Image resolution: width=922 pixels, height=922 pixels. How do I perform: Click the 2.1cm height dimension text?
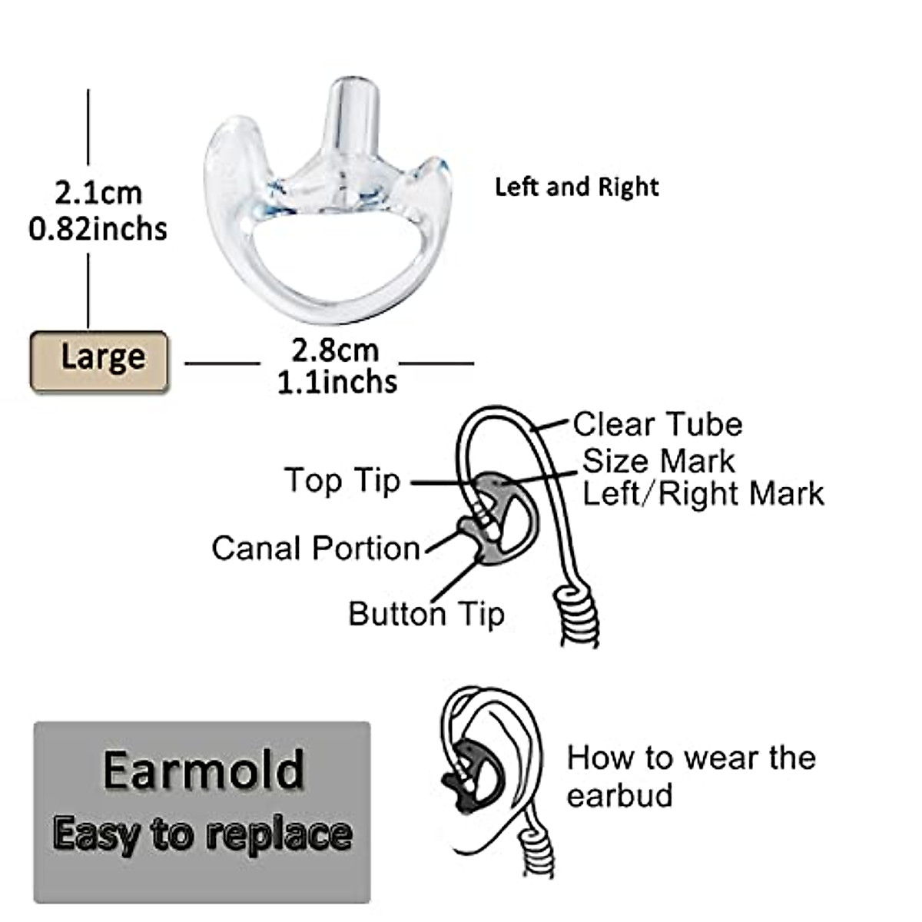click(x=98, y=192)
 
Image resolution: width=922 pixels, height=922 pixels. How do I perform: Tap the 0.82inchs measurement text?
click(x=98, y=229)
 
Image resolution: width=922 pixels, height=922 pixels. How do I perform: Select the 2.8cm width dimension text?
click(x=335, y=350)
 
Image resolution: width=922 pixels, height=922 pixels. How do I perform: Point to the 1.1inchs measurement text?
click(x=337, y=382)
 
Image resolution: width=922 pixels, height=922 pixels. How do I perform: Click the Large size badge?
click(x=99, y=360)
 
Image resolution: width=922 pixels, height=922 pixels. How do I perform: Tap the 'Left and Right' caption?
click(x=576, y=187)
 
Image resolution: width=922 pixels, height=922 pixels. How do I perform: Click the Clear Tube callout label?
click(x=657, y=424)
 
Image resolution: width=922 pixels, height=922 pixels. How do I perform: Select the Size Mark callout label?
click(x=658, y=461)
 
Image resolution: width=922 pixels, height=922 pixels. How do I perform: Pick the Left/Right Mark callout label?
click(x=703, y=493)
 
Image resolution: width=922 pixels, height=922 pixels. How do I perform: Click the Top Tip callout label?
click(x=342, y=480)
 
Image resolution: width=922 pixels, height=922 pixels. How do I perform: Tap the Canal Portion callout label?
click(x=316, y=549)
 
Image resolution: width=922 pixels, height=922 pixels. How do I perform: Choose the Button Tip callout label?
click(x=426, y=614)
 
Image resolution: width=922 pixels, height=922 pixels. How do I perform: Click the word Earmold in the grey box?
click(x=204, y=770)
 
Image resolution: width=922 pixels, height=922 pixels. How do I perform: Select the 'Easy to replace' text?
click(x=203, y=834)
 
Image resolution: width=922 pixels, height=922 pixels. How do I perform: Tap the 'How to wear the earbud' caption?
click(x=690, y=776)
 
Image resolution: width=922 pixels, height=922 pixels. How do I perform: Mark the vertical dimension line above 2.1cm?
click(x=88, y=131)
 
